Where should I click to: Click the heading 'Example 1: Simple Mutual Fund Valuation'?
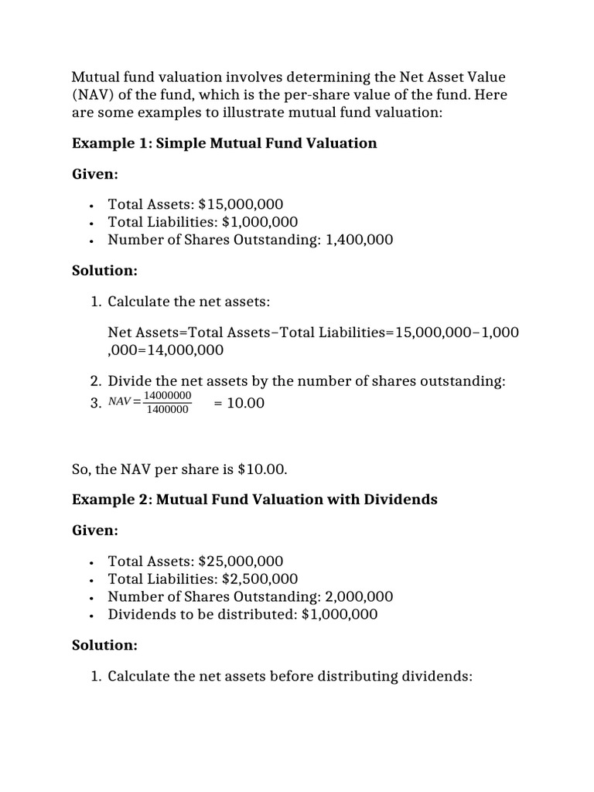click(224, 143)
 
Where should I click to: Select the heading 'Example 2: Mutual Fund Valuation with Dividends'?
click(254, 499)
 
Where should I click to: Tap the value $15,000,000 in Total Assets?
click(241, 204)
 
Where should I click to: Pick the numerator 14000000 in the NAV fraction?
click(167, 395)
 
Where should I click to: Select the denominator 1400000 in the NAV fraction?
click(167, 410)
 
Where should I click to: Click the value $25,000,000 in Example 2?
click(241, 561)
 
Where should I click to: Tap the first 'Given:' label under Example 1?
click(95, 174)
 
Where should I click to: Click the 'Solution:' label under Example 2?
click(104, 644)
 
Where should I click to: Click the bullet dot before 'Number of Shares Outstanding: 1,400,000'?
click(92, 241)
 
